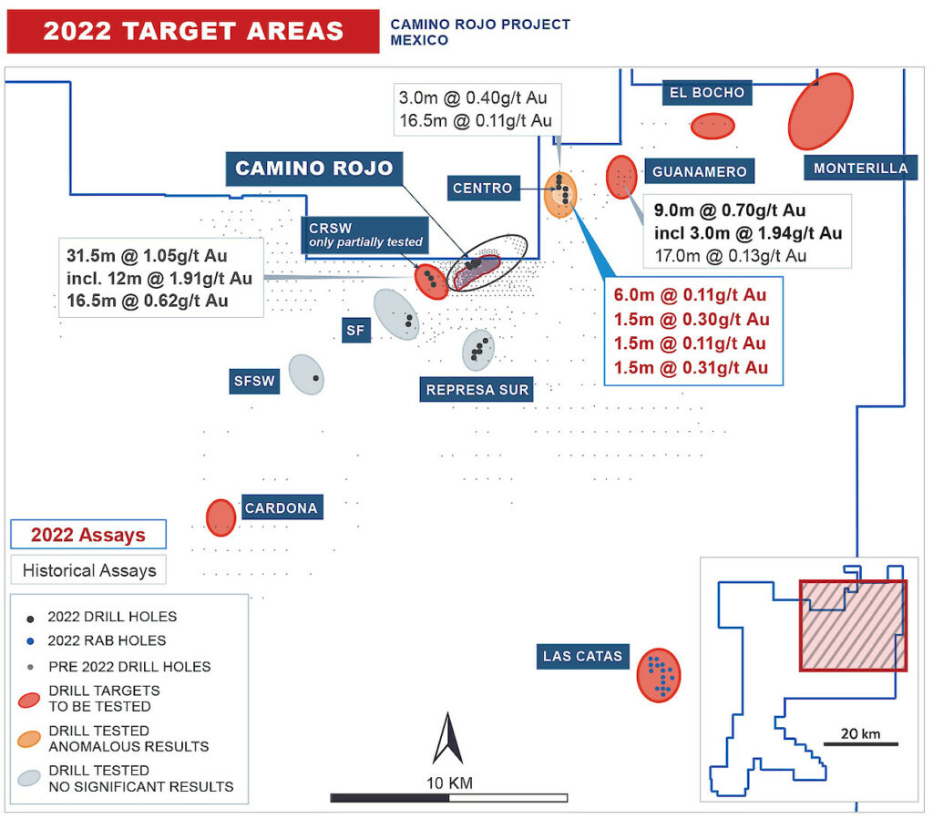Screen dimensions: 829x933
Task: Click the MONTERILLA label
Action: [x=861, y=169]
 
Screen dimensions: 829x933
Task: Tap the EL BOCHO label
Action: [x=707, y=92]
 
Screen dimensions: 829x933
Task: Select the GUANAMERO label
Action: [x=700, y=171]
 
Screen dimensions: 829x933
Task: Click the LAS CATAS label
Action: [x=582, y=656]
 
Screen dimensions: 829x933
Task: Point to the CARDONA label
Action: [x=281, y=508]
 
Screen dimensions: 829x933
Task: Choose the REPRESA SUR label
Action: [x=477, y=390]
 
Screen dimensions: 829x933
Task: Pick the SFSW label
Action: [x=253, y=382]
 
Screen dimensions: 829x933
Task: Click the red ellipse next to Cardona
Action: [x=220, y=517]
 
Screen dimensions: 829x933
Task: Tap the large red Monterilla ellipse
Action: [x=820, y=110]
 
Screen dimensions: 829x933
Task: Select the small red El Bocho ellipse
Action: [x=713, y=126]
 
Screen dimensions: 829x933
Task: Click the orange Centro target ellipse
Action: [x=560, y=194]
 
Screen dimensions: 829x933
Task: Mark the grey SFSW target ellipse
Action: [x=307, y=374]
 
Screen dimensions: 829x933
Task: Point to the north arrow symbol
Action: [x=447, y=739]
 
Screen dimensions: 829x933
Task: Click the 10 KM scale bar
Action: [x=448, y=798]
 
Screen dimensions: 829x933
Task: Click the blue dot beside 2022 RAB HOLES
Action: [x=31, y=641]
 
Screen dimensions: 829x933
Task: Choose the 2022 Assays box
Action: [x=88, y=535]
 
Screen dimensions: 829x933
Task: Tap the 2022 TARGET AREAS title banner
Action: [x=193, y=31]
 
